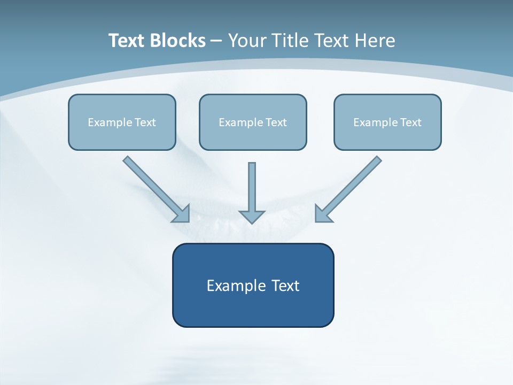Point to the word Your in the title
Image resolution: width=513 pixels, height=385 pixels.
pyautogui.click(x=247, y=41)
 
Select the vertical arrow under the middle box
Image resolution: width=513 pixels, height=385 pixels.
pyautogui.click(x=252, y=187)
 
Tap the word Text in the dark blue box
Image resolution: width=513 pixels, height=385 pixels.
pyautogui.click(x=286, y=286)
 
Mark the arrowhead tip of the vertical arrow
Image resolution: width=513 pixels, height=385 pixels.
pyautogui.click(x=252, y=221)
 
